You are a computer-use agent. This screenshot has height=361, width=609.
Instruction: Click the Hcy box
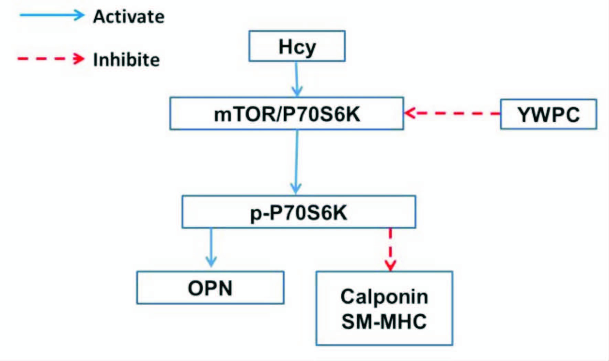point(297,46)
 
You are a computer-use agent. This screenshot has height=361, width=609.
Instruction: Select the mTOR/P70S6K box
point(286,114)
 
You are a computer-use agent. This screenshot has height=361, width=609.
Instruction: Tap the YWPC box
point(548,114)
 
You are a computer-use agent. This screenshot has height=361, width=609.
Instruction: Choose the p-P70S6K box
point(298,212)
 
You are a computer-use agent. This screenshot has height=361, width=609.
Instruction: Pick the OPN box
point(210,288)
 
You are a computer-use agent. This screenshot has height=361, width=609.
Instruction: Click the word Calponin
point(384,296)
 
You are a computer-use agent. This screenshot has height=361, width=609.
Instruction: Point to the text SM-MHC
point(384,321)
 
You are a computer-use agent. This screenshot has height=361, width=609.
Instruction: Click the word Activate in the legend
point(129,16)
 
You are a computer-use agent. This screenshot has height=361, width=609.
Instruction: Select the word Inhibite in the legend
point(126,60)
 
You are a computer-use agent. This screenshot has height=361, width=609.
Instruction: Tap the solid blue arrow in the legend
point(52,15)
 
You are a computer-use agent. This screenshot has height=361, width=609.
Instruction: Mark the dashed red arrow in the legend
point(51,59)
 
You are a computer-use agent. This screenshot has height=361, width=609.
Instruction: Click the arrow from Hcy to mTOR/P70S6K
point(296,79)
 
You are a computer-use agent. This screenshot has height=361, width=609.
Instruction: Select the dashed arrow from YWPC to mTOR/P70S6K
point(452,113)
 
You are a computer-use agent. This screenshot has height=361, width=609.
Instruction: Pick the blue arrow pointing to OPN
point(211,247)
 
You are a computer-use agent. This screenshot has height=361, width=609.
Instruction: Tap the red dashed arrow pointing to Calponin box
point(390,249)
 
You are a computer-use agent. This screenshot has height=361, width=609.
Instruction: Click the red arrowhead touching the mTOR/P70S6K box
point(409,113)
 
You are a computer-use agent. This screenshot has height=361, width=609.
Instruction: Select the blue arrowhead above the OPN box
point(211,262)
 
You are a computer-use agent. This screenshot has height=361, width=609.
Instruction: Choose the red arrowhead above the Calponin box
point(390,266)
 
